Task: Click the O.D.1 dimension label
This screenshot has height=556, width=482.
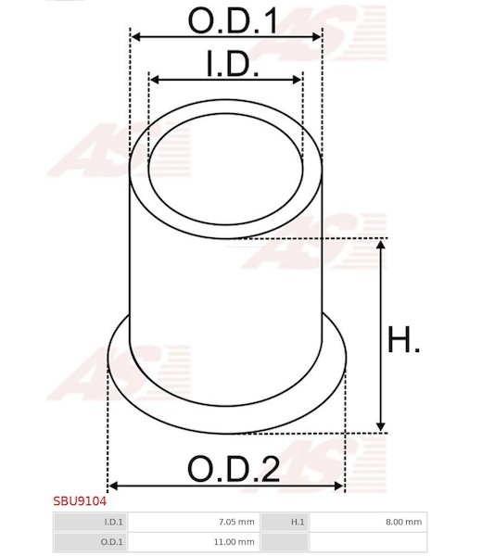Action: click(x=233, y=20)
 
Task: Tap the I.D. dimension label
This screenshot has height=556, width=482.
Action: click(x=233, y=63)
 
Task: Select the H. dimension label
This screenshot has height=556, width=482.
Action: click(x=403, y=340)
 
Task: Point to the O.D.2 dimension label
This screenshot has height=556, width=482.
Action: click(x=234, y=469)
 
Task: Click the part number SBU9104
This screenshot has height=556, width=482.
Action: click(x=80, y=501)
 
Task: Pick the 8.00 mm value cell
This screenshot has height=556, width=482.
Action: click(x=368, y=522)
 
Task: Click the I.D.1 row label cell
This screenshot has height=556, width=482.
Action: click(x=90, y=522)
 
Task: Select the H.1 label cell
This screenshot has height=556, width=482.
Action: click(x=284, y=522)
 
